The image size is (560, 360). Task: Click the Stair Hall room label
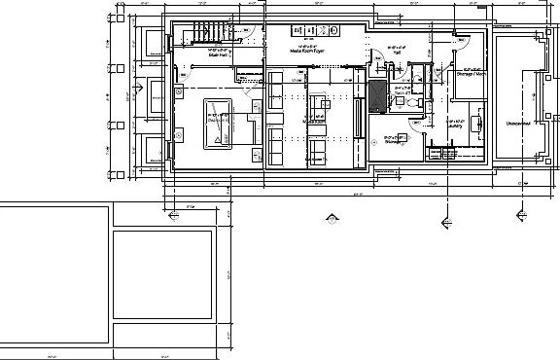point(217,55)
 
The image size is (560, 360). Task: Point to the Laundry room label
point(452,125)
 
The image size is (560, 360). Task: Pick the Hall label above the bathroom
point(396,54)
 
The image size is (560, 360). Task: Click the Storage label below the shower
point(394,142)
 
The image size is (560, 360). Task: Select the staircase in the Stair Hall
point(214,32)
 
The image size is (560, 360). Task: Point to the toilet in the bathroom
point(411,101)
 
